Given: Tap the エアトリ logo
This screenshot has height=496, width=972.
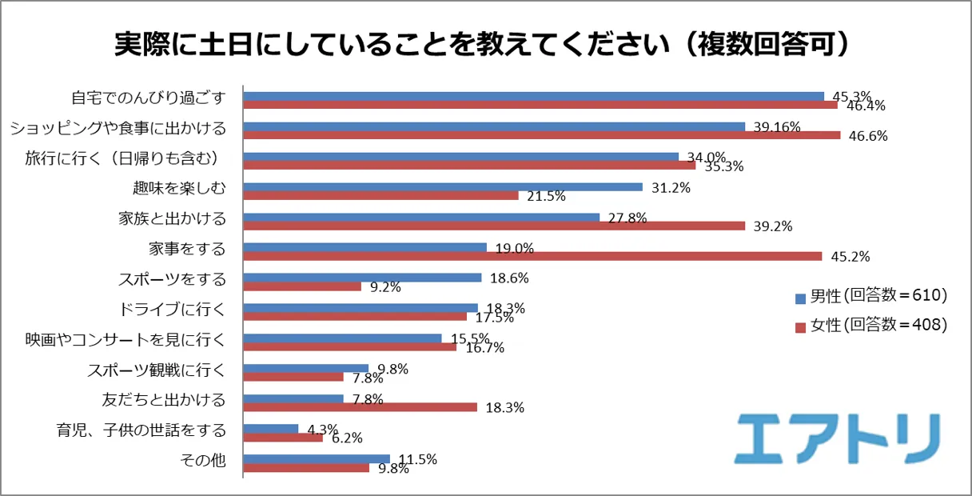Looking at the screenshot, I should pos(836,438).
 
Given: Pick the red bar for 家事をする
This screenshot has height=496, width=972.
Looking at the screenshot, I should pos(532,256).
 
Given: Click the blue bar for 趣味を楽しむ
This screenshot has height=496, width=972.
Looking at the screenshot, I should pos(442,187).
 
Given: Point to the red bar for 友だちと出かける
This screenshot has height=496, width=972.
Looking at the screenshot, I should pos(360,407).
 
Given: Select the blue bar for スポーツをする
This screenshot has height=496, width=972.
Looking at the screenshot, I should pos(362,278).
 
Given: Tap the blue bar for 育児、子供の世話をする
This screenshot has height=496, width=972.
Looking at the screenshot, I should pos(270,429).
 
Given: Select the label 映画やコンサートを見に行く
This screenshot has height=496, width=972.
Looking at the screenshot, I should pos(125,339).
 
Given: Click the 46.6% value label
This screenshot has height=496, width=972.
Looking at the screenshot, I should pos(868,135).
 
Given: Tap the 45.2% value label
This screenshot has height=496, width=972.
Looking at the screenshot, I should pos(850,257).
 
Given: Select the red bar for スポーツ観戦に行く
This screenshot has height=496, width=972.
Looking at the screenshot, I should pos(293,377).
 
